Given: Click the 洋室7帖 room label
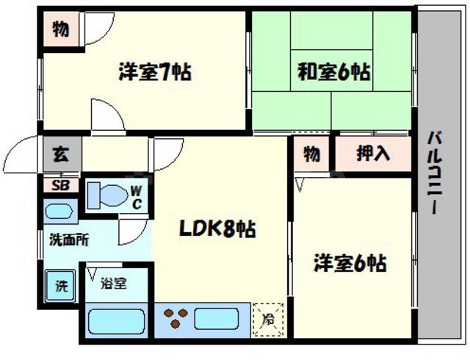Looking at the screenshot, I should [155, 73].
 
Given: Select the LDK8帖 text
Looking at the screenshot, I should [218, 228].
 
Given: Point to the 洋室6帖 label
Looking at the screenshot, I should [350, 263].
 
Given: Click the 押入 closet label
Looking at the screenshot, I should [372, 154].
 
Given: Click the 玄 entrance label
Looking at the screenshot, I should [60, 155].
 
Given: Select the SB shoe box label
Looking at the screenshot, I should [60, 185].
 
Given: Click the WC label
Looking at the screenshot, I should [137, 198].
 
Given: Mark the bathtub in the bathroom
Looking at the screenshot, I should [116, 321].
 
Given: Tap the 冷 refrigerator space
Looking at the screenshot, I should [268, 320].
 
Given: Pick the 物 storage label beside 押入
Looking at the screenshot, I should [312, 154].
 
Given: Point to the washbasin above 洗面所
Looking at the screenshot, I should [58, 212].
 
